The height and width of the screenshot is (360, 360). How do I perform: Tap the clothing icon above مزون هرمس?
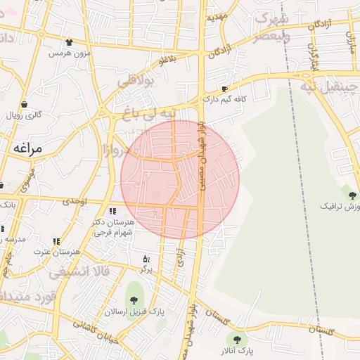68,42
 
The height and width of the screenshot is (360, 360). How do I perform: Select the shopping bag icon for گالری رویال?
8,115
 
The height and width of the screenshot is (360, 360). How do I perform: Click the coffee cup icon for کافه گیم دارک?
224,89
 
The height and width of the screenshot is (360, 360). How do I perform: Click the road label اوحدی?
74,201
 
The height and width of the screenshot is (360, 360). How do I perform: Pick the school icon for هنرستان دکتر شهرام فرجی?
112,211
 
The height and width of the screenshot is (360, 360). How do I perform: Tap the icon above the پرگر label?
146,259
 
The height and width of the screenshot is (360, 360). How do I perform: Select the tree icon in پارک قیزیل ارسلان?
134,302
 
